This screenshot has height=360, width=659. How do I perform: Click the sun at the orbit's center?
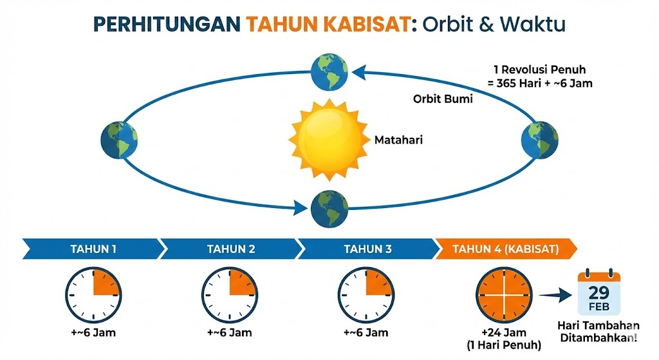coord(329,140)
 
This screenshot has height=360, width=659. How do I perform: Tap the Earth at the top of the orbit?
coord(329,72)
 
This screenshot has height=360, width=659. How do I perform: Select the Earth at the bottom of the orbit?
coord(329,209)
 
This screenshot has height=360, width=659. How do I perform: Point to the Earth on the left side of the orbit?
coord(119,140)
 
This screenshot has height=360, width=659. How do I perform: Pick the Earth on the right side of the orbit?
coord(540,140)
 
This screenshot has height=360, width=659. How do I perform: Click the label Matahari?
coord(398,140)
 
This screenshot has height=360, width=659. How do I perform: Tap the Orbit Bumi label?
coord(443,99)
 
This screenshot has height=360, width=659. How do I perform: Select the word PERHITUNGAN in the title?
coord(167,24)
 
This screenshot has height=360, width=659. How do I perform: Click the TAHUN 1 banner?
coord(93,249)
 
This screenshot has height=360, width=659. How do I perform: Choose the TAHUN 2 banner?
coord(230,249)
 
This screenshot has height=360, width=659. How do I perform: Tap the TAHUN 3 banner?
coord(367,249)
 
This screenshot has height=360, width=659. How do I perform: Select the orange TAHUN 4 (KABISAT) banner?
coord(506,249)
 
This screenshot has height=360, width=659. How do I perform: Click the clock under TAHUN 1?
coord(93,295)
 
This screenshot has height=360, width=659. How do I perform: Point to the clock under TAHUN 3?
coord(366,295)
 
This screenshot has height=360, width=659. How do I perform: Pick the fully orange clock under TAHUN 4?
coord(504,295)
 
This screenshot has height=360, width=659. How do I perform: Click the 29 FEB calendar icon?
coord(599,292)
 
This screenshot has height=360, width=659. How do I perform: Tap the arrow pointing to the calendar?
coord(555,295)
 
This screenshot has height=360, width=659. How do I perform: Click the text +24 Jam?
coord(504,333)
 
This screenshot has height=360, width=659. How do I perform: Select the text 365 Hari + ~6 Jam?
coord(544,83)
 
